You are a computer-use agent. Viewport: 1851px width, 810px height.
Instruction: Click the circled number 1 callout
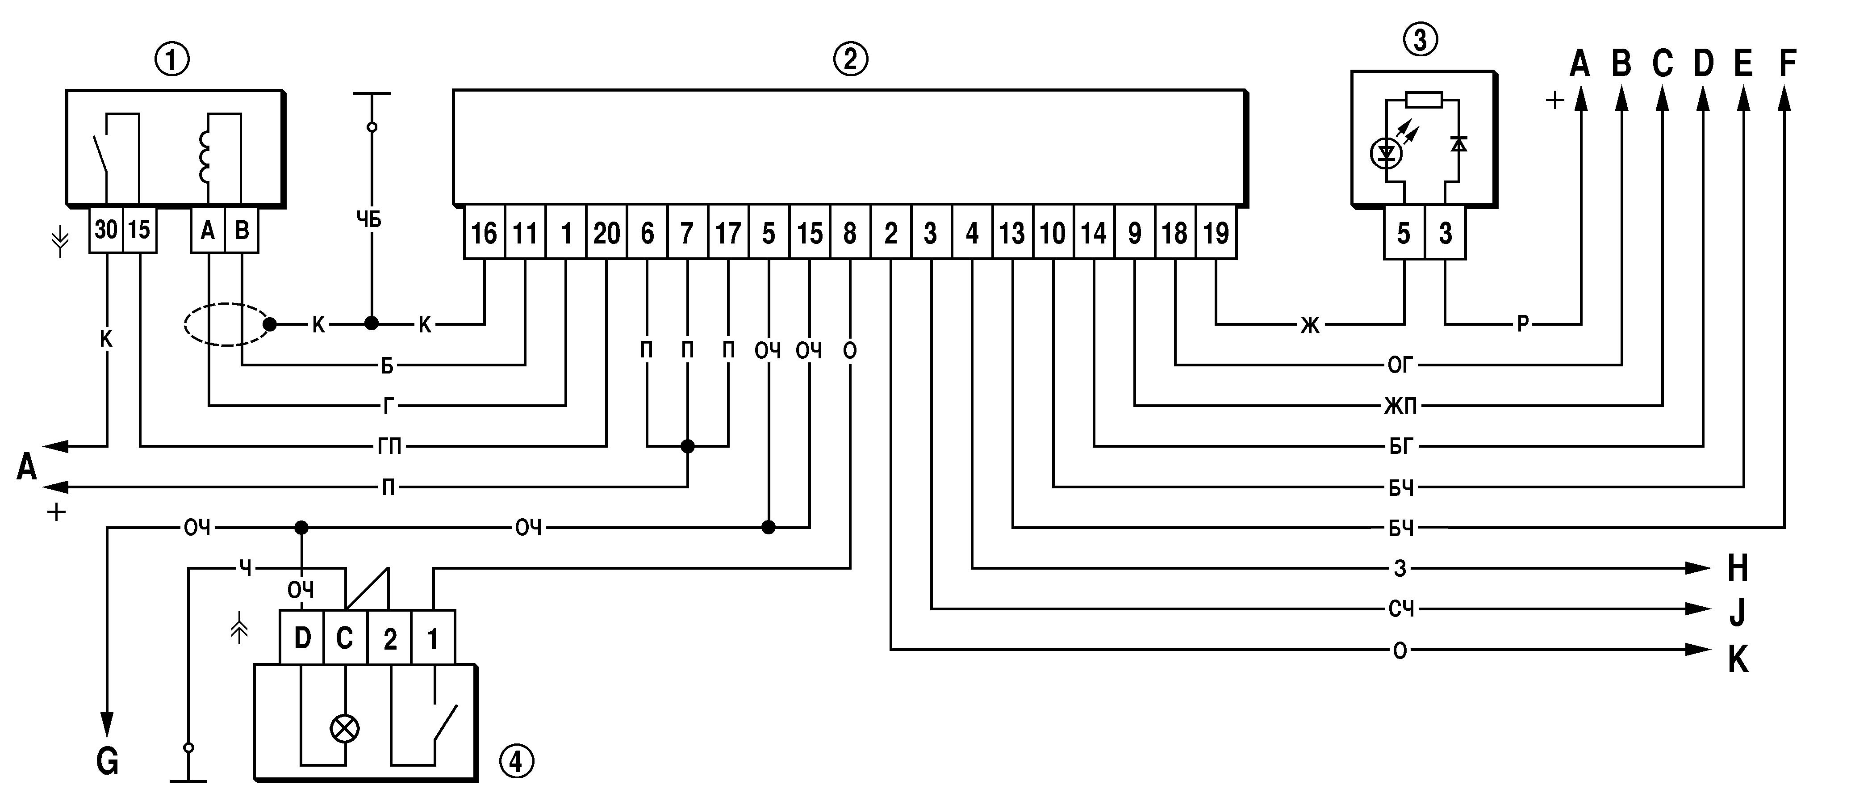coord(172,60)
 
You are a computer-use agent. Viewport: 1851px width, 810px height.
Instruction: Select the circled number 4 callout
coord(516,761)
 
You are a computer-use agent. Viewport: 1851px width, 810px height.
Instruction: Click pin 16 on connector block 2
coord(485,233)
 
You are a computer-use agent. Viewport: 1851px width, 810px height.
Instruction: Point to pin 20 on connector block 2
coord(606,233)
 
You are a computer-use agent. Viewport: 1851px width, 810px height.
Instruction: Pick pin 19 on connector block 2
coord(1216,233)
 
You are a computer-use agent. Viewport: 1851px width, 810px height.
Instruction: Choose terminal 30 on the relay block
coord(106,230)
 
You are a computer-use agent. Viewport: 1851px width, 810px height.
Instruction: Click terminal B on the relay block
coord(242,230)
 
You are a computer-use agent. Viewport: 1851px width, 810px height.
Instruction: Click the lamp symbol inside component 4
coord(344,729)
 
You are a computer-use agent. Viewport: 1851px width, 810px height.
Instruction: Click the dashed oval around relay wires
coord(226,324)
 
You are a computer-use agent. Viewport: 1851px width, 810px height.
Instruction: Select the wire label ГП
coord(389,447)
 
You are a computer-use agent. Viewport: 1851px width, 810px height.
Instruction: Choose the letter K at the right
coord(1738,659)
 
